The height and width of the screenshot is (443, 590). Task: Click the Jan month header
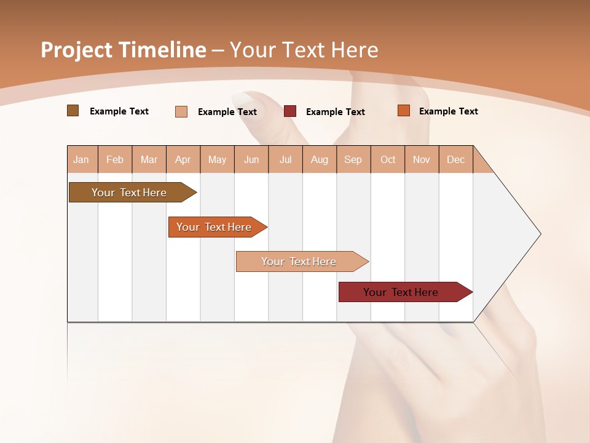[x=82, y=159]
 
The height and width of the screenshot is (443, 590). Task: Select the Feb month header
[x=115, y=159]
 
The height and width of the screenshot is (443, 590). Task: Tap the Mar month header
[x=149, y=159]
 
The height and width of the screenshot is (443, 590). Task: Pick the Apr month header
[x=183, y=159]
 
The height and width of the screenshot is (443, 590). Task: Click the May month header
[x=217, y=159]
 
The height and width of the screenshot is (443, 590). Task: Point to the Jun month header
[x=251, y=159]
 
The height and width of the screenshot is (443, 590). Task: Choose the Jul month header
[x=285, y=159]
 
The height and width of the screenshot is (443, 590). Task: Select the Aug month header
[x=320, y=159]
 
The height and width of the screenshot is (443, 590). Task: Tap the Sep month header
[x=353, y=159]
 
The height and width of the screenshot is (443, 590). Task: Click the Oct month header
[x=388, y=159]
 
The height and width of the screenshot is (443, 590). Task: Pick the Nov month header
[x=422, y=159]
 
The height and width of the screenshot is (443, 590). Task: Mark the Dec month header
[x=456, y=159]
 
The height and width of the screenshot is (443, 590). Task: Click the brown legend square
[x=73, y=111]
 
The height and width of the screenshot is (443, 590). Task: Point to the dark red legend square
[x=290, y=111]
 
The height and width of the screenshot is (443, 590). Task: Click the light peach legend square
[x=181, y=111]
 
